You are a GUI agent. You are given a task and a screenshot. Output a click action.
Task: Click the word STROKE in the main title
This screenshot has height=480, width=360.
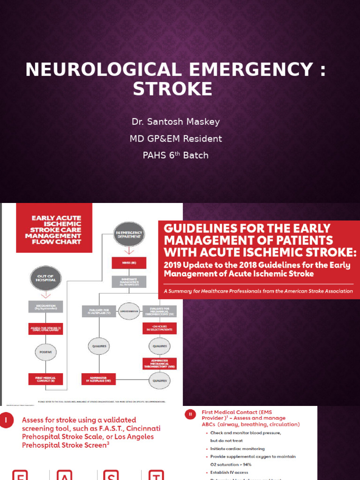click(172, 89)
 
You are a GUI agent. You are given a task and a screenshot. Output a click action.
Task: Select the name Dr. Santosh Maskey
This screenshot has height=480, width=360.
click(175, 122)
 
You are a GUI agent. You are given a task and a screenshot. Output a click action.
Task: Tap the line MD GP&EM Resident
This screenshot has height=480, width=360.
click(176, 139)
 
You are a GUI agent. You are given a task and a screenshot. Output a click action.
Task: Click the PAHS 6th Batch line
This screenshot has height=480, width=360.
click(175, 155)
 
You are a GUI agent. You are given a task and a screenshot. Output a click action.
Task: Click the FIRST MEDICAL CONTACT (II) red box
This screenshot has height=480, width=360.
click(45, 379)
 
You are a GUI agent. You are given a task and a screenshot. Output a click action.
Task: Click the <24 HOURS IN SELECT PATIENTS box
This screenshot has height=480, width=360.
click(160, 328)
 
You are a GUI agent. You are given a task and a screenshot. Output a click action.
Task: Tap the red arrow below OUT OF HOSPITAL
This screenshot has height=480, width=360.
click(45, 296)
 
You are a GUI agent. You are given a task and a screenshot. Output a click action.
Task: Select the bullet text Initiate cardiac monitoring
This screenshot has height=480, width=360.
click(237, 449)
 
